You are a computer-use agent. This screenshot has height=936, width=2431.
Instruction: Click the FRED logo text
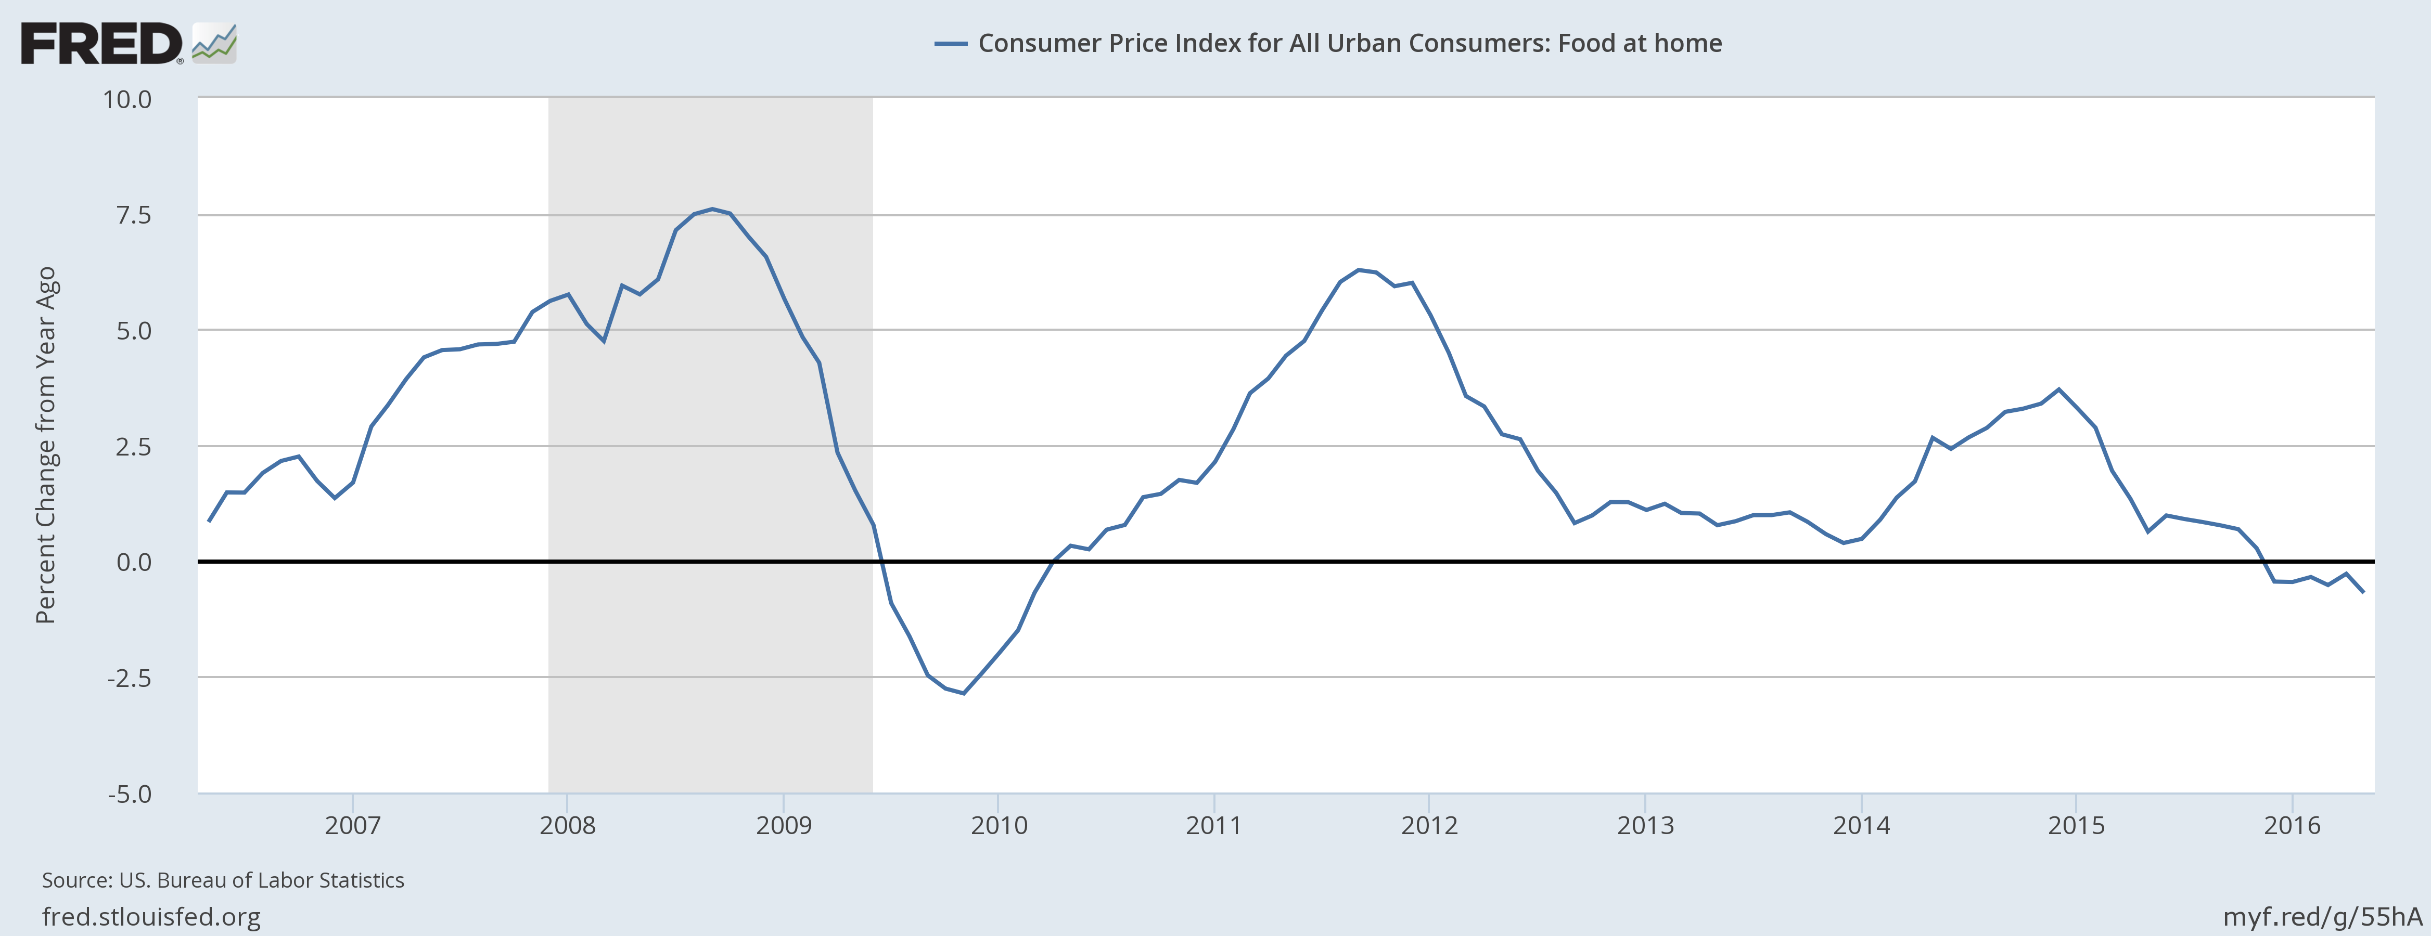click(101, 44)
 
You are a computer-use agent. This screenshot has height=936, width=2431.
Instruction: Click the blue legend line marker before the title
click(950, 43)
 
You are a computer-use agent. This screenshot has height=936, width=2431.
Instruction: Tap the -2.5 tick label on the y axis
click(129, 679)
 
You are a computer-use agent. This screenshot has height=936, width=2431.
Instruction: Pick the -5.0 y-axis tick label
click(129, 795)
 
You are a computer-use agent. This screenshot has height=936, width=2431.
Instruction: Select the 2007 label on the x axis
click(352, 826)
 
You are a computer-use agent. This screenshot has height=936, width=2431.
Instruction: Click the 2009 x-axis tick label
click(783, 826)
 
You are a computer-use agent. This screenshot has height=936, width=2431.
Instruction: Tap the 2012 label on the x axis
click(1429, 826)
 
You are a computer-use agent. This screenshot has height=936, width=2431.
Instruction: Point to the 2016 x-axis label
click(2292, 826)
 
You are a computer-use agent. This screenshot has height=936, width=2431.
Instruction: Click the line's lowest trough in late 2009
click(964, 694)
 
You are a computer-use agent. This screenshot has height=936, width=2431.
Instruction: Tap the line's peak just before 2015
click(2059, 389)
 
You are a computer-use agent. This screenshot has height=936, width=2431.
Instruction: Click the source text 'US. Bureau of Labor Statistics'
click(261, 880)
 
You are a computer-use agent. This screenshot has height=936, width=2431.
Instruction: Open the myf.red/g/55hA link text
click(2322, 916)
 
